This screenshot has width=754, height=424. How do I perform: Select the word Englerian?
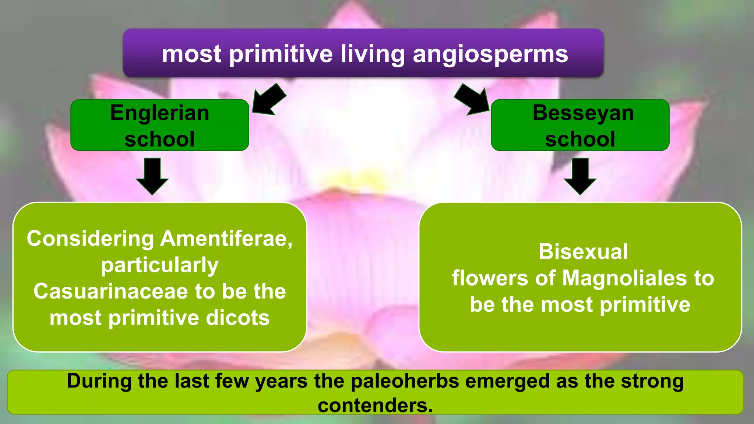(x=159, y=113)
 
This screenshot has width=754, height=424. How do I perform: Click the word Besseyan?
(x=583, y=113)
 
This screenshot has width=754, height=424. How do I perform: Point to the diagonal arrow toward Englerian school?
(x=269, y=99)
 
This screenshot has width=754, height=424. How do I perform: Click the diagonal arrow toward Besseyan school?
(x=472, y=99)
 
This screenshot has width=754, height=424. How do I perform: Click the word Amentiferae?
(x=226, y=239)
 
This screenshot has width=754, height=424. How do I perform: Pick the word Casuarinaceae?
(x=110, y=291)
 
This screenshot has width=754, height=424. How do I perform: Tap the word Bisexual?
(x=583, y=252)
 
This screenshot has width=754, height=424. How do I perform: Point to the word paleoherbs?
(x=405, y=381)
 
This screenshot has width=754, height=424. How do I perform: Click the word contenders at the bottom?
(x=375, y=405)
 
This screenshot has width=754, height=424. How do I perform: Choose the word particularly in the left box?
(x=159, y=265)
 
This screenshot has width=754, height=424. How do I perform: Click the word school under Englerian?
(x=159, y=139)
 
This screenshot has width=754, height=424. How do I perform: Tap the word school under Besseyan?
(x=580, y=139)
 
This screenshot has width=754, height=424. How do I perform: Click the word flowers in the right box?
(x=490, y=278)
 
